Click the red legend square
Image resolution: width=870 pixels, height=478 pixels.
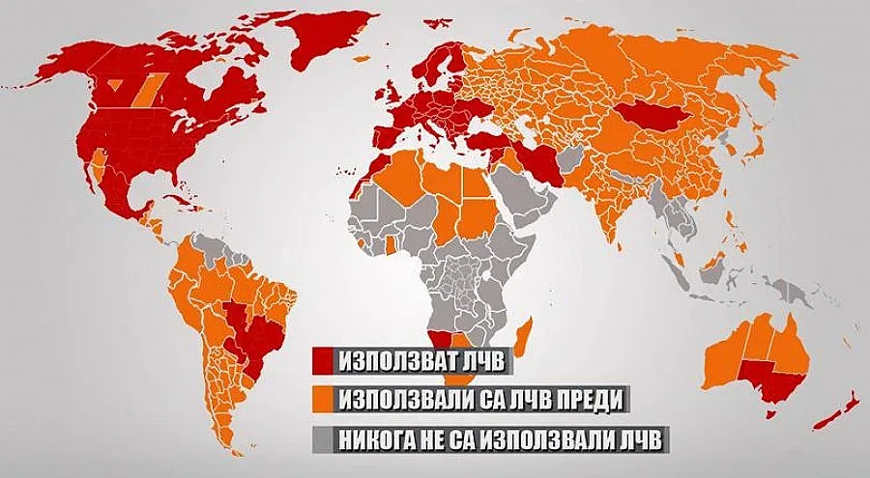point(324,362)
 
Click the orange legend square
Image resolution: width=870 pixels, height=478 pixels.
point(324,400)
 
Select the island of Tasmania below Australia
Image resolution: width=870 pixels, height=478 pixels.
point(771,413)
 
